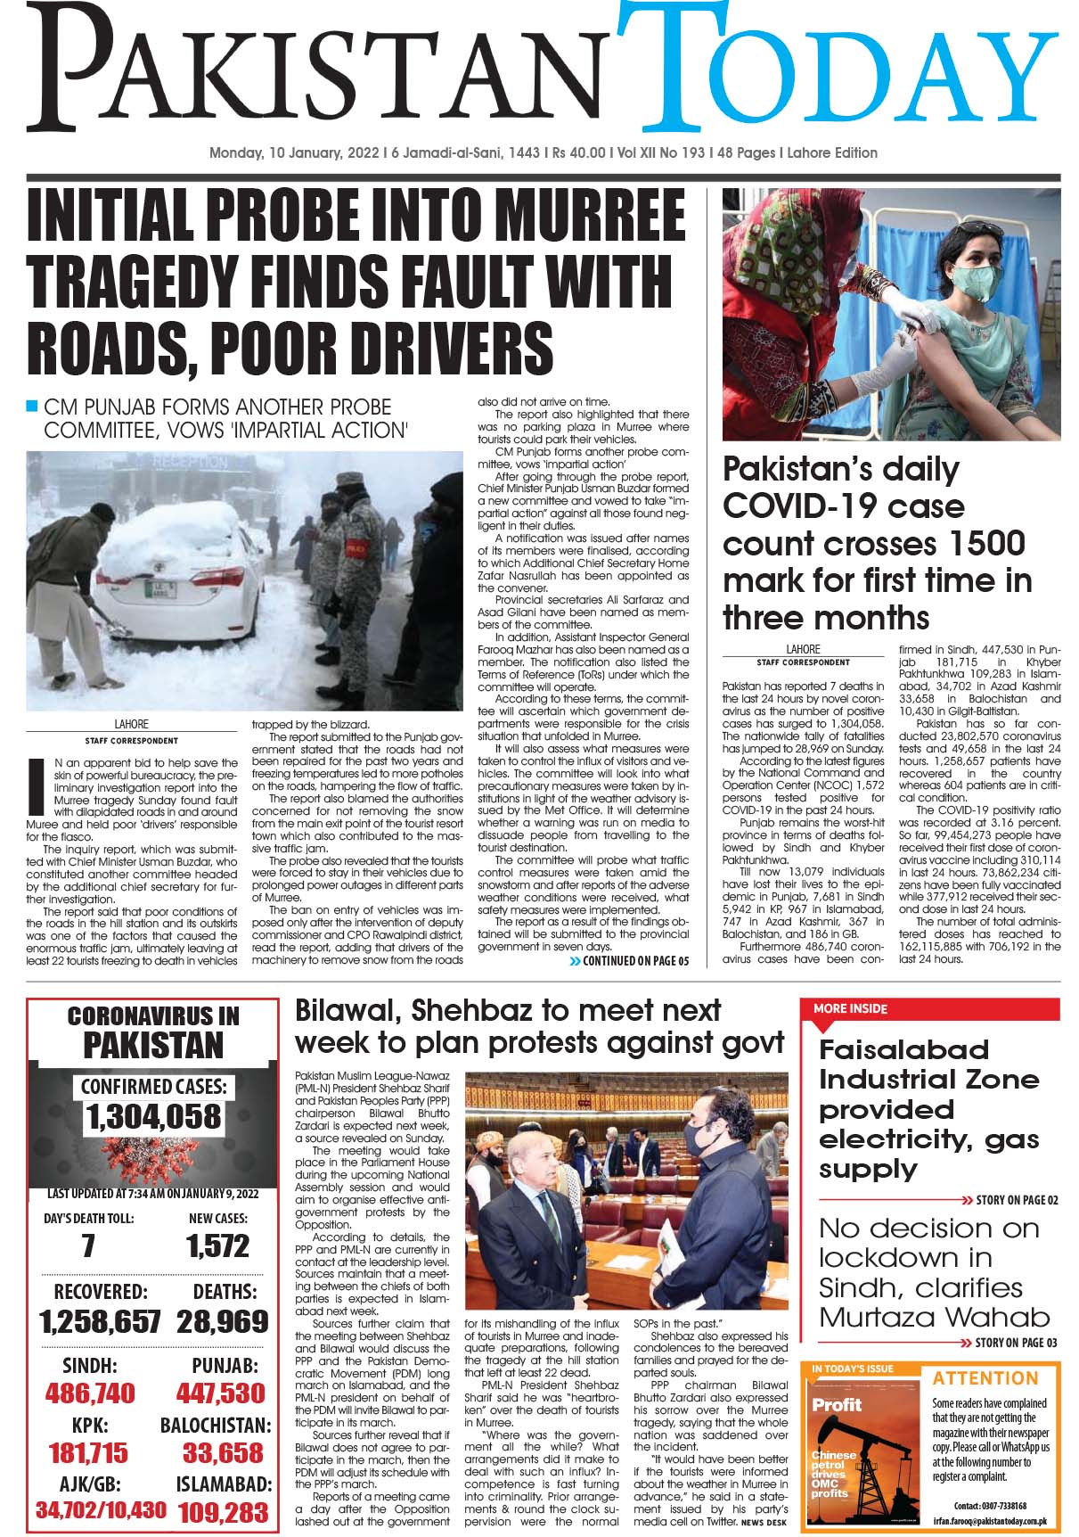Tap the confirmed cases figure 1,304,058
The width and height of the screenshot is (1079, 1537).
pyautogui.click(x=153, y=1116)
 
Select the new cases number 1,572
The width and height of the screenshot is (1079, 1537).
pyautogui.click(x=218, y=1246)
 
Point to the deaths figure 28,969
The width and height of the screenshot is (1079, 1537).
pyautogui.click(x=222, y=1321)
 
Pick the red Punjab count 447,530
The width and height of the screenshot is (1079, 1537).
pyautogui.click(x=220, y=1393)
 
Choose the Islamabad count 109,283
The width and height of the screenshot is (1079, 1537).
pyautogui.click(x=223, y=1512)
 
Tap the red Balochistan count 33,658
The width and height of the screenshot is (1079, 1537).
pyautogui.click(x=223, y=1452)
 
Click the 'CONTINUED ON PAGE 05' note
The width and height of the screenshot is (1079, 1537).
pyautogui.click(x=629, y=961)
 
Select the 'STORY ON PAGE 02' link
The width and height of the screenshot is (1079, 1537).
pyautogui.click(x=1010, y=1200)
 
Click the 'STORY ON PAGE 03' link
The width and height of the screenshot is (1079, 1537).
pyautogui.click(x=1010, y=1343)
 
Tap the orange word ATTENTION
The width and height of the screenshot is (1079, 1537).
pyautogui.click(x=985, y=1378)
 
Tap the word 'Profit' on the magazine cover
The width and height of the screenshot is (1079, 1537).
pyautogui.click(x=837, y=1405)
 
